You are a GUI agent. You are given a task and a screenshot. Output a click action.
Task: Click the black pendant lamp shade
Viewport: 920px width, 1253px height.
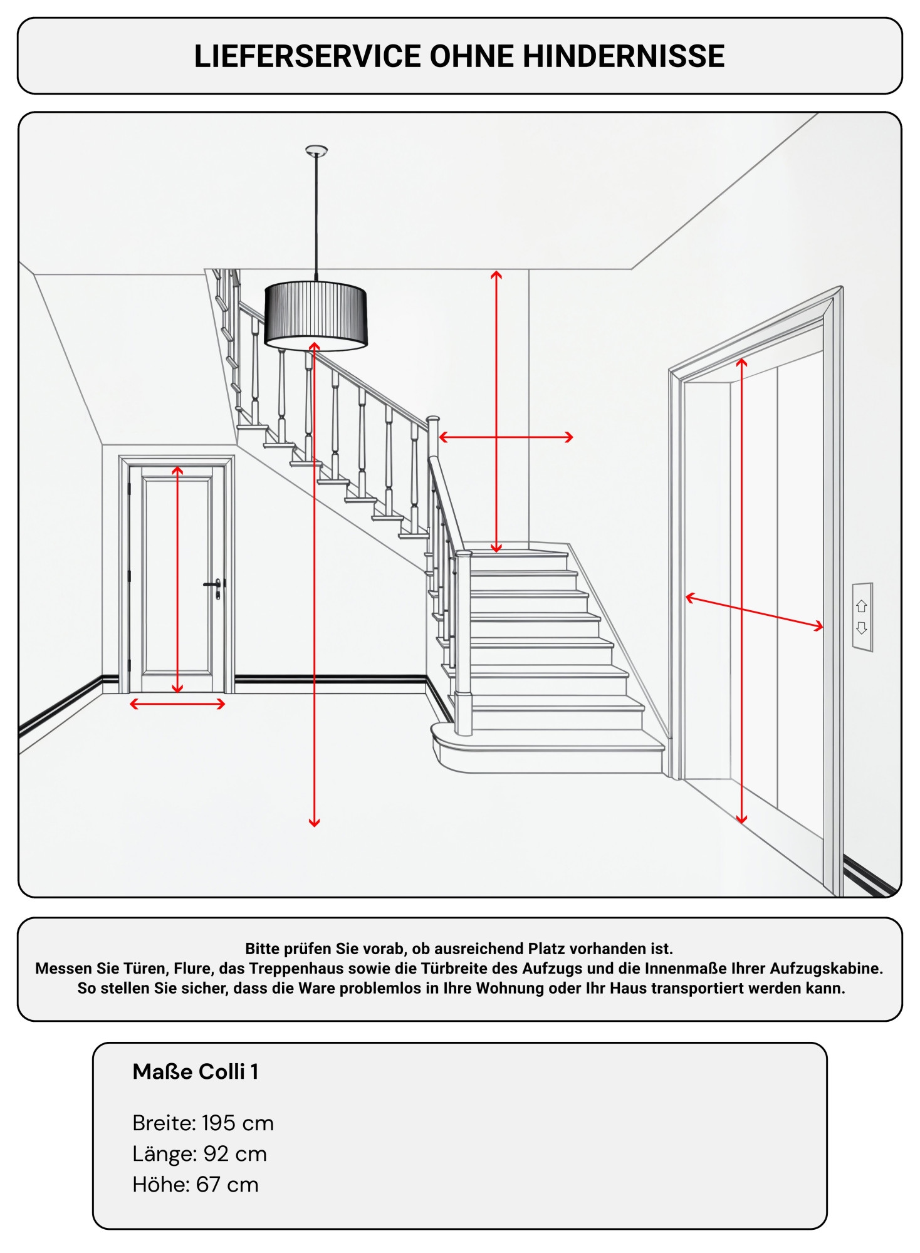315,313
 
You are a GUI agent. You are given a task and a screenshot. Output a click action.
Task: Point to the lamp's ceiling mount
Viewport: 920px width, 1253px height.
316,150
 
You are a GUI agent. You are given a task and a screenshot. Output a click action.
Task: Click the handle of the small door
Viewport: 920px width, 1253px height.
213,585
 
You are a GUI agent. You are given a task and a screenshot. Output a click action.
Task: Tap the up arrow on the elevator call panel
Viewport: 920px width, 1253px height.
861,606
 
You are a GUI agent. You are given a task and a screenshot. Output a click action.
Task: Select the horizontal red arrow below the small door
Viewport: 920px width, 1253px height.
177,704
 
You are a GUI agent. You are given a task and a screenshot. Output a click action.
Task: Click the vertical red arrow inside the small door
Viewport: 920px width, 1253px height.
177,580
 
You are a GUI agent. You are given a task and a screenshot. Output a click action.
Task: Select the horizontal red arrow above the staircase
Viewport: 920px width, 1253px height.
506,437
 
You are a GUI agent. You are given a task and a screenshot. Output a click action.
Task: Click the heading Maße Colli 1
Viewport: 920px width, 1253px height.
196,1072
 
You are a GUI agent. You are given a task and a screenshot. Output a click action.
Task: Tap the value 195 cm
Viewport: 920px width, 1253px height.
238,1123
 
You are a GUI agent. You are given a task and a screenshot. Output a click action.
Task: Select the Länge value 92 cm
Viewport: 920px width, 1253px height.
236,1154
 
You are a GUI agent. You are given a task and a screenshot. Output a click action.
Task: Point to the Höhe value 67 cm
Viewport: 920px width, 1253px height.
227,1185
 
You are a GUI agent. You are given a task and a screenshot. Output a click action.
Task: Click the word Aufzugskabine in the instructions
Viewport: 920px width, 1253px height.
826,969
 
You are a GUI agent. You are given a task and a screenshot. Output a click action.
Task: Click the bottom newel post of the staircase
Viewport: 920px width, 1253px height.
463,645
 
